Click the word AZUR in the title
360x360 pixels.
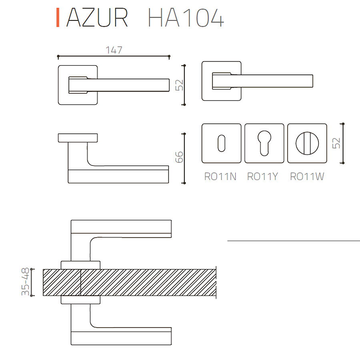click(97, 18)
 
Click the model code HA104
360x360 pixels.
click(186, 18)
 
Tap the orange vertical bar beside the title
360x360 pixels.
click(58, 18)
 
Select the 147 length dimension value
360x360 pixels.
click(114, 50)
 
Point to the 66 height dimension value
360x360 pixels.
click(179, 157)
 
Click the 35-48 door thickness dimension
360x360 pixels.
click(25, 282)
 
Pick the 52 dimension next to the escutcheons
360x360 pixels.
click(336, 143)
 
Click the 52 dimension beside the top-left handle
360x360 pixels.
click(179, 85)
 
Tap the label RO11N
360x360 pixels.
click(220, 176)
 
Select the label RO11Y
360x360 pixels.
click(262, 176)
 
